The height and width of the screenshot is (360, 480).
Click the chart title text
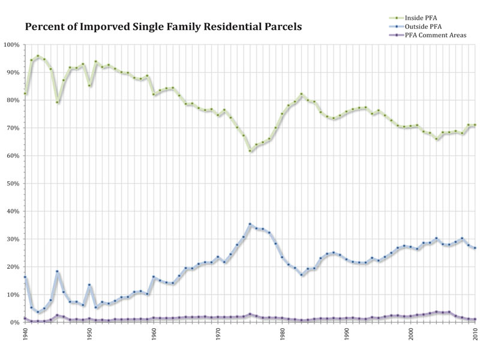coord(163,27)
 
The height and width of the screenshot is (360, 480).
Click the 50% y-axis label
coord(12,184)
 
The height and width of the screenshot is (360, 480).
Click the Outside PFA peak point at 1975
coord(250,224)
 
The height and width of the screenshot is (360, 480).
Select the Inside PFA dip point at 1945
coord(57,103)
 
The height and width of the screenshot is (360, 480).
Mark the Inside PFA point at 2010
coord(475,125)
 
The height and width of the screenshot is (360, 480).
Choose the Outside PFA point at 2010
coord(475,248)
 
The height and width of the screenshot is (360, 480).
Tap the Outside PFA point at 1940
coord(25,277)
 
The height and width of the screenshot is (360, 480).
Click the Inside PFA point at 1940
coord(25,94)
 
